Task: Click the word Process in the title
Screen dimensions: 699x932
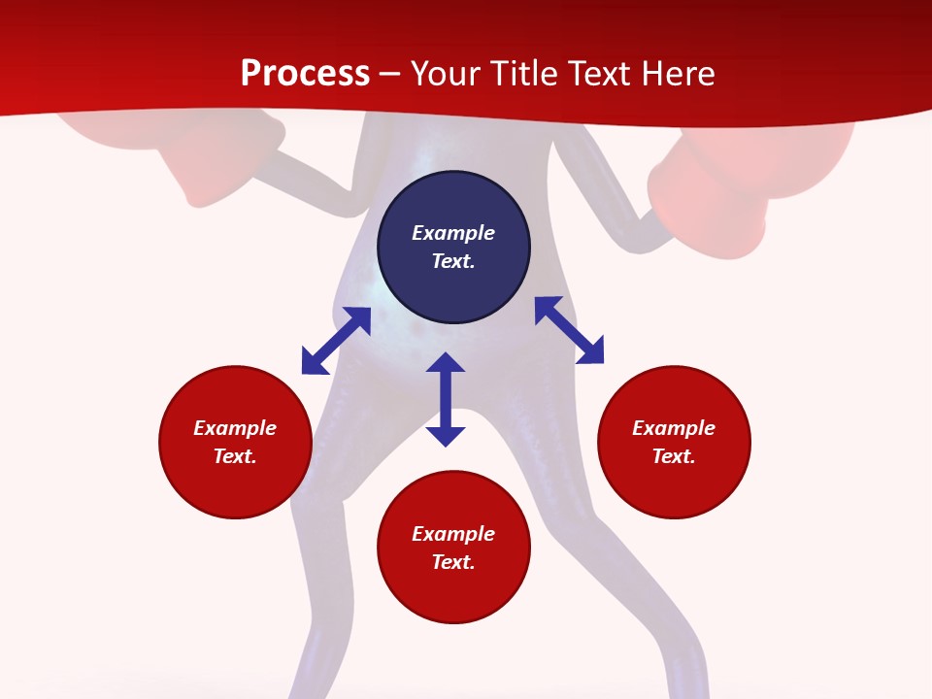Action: pyautogui.click(x=305, y=74)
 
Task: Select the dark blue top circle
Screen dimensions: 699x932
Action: pyautogui.click(x=453, y=248)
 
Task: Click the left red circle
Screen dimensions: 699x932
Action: pyautogui.click(x=235, y=442)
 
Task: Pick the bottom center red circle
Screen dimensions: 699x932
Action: pyautogui.click(x=453, y=548)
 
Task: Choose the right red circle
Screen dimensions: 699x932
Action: pyautogui.click(x=674, y=442)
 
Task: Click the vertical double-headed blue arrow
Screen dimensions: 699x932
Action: pyautogui.click(x=446, y=399)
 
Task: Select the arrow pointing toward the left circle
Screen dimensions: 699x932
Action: pyautogui.click(x=336, y=341)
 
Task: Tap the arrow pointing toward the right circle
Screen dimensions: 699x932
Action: pyautogui.click(x=570, y=330)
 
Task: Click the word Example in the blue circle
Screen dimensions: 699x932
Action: pyautogui.click(x=453, y=233)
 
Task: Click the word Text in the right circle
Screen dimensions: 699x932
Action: pyautogui.click(x=672, y=456)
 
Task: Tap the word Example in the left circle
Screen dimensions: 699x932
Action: pyautogui.click(x=235, y=428)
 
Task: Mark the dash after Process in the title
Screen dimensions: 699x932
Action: pyautogui.click(x=390, y=75)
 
